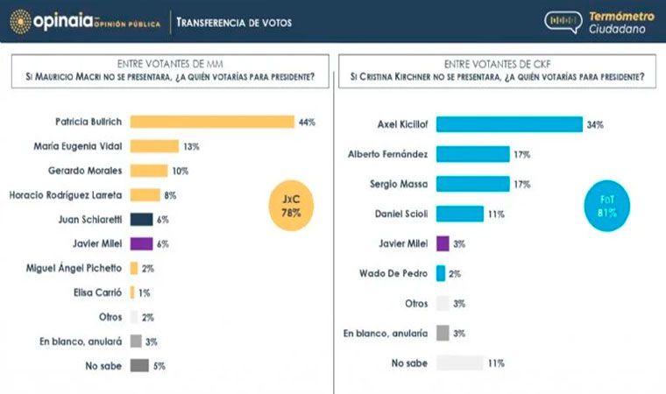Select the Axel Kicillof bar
pyautogui.click(x=509, y=124)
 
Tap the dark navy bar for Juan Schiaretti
pyautogui.click(x=141, y=220)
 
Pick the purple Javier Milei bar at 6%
pyautogui.click(x=141, y=244)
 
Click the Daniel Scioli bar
pyautogui.click(x=459, y=214)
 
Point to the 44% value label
pyautogui.click(x=307, y=122)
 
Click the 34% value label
pyautogui.click(x=595, y=124)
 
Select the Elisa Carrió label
pyautogui.click(x=96, y=293)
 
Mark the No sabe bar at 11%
pyautogui.click(x=459, y=362)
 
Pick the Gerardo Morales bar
pyautogui.click(x=148, y=171)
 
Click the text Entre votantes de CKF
pyautogui.click(x=497, y=63)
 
